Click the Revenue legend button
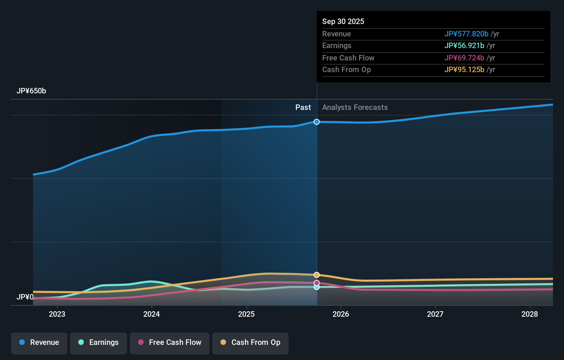pyautogui.click(x=39, y=342)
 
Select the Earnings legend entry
pyautogui.click(x=99, y=342)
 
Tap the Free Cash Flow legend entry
pyautogui.click(x=170, y=342)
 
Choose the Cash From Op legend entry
pyautogui.click(x=250, y=342)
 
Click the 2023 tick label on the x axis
pyautogui.click(x=57, y=314)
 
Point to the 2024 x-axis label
pyautogui.click(x=151, y=314)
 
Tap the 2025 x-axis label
pyautogui.click(x=246, y=314)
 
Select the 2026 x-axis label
pyautogui.click(x=341, y=314)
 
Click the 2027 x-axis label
pyautogui.click(x=435, y=314)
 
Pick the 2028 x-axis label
pyautogui.click(x=530, y=314)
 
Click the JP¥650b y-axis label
pyautogui.click(x=31, y=91)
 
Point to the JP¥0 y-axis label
pyautogui.click(x=25, y=297)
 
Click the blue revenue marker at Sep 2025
pyautogui.click(x=317, y=122)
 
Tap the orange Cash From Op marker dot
pyautogui.click(x=317, y=275)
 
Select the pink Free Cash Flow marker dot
pyautogui.click(x=317, y=283)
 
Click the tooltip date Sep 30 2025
pyautogui.click(x=343, y=21)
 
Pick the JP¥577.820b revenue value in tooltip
pyautogui.click(x=466, y=34)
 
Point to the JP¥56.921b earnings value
pyautogui.click(x=464, y=46)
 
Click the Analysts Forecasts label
pyautogui.click(x=355, y=108)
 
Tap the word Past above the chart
pyautogui.click(x=303, y=108)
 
